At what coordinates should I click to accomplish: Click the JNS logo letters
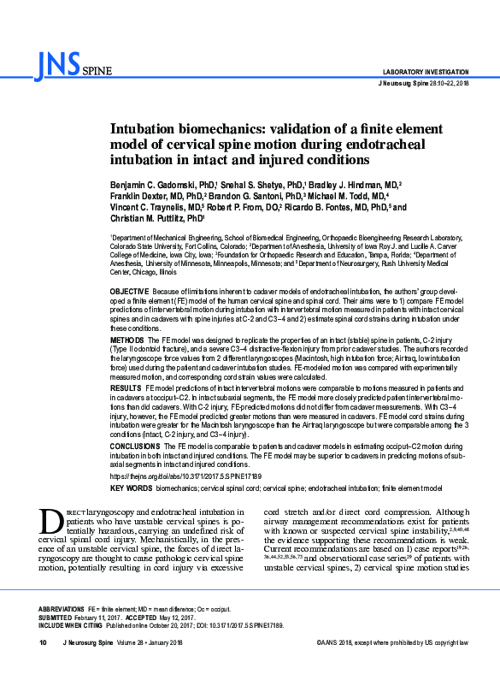pos(56,62)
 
